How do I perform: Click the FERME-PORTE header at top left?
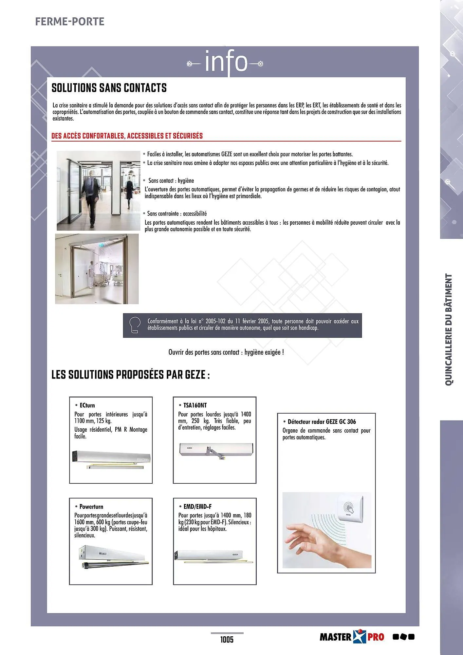click(69, 22)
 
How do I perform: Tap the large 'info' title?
click(226, 62)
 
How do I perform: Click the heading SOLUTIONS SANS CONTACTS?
click(109, 88)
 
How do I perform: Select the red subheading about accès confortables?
click(127, 136)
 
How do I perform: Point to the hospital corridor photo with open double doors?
click(97, 269)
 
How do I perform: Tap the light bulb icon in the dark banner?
click(135, 325)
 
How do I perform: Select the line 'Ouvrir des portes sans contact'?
click(226, 352)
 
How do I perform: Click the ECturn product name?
click(87, 405)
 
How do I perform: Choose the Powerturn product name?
click(91, 507)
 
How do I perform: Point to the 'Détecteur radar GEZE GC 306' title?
click(322, 421)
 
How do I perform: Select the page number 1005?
click(227, 639)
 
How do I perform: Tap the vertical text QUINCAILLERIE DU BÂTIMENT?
click(449, 329)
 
